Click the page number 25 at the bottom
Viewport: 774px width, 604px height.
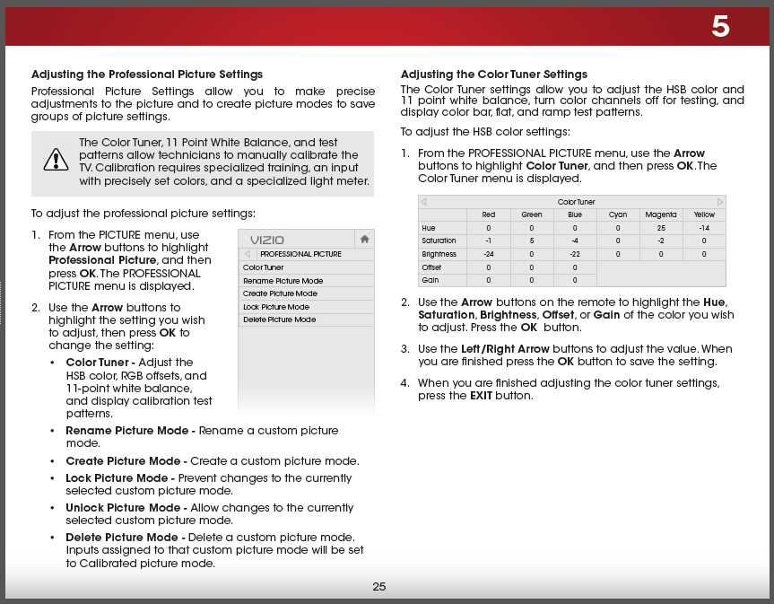click(x=379, y=587)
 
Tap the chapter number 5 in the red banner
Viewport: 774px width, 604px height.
click(x=721, y=27)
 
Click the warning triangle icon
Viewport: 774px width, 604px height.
click(x=56, y=161)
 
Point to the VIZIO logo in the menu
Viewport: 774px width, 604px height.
click(x=267, y=240)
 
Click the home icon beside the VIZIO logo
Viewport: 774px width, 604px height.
click(x=364, y=239)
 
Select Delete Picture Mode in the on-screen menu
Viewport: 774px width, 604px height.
click(x=279, y=320)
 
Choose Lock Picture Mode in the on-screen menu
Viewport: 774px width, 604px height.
click(x=276, y=307)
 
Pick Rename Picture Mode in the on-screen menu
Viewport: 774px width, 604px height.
click(x=283, y=281)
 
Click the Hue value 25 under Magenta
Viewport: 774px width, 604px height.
click(x=660, y=228)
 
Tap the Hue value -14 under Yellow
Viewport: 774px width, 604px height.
click(x=704, y=228)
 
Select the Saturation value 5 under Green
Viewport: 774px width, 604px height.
click(x=532, y=241)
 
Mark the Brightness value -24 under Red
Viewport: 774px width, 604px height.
click(x=488, y=254)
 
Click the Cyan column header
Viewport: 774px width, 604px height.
click(x=618, y=214)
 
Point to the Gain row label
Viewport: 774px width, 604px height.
click(x=430, y=280)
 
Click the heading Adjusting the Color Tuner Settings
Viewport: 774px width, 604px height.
click(x=494, y=74)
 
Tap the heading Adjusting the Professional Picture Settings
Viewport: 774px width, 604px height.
click(x=147, y=74)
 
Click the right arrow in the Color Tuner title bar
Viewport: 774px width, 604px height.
click(x=719, y=202)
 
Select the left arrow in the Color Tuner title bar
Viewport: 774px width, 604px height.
click(x=424, y=202)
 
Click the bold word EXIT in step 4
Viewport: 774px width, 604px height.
click(x=481, y=396)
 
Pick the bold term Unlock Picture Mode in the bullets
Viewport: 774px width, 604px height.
click(x=120, y=508)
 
